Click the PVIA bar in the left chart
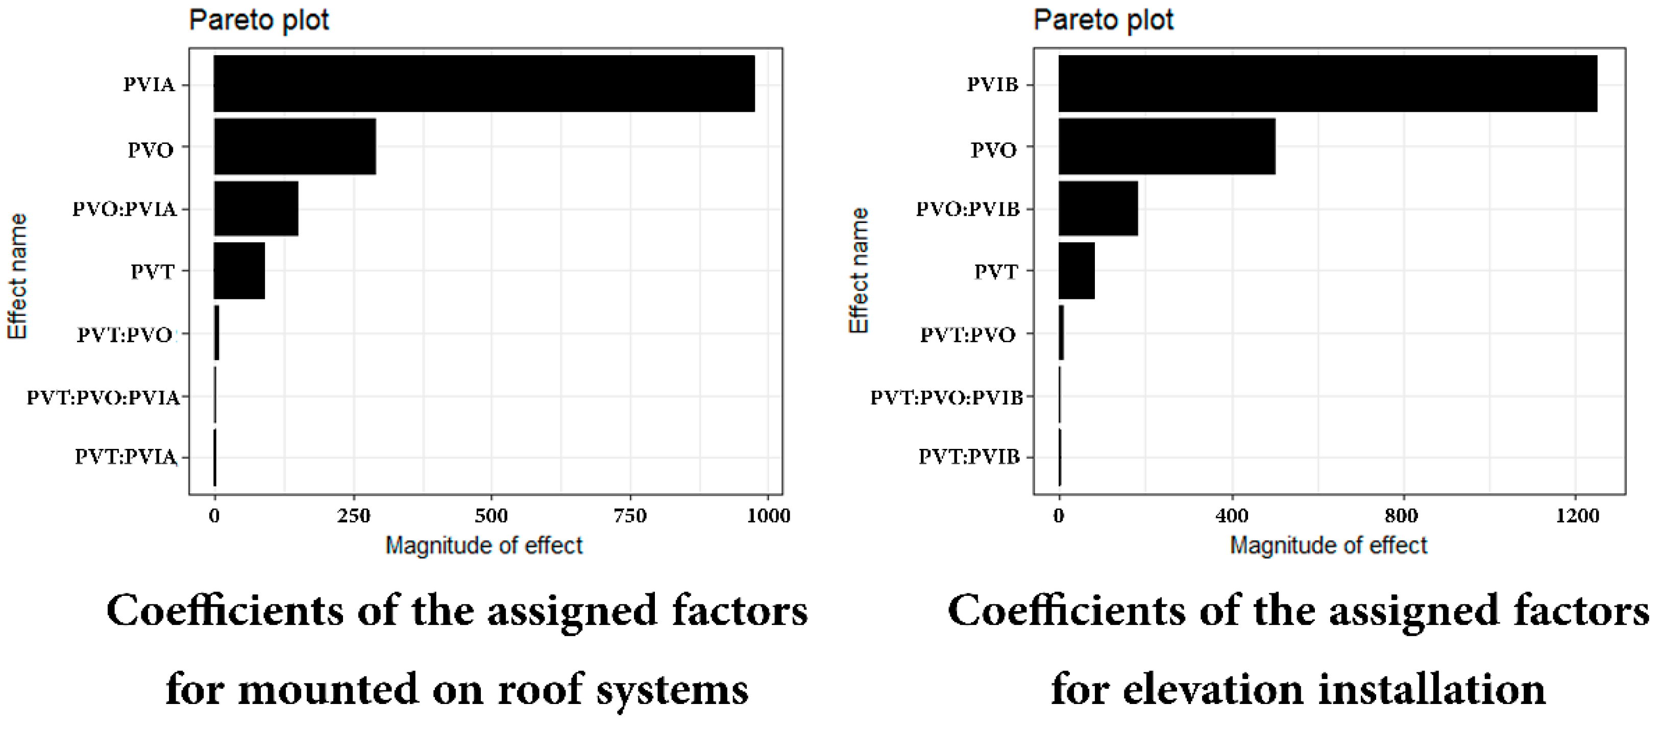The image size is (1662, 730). point(484,83)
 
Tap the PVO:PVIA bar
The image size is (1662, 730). point(256,208)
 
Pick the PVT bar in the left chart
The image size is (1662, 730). point(239,270)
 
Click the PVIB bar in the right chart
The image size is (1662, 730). point(1327,83)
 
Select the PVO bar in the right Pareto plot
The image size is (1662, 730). point(1166,146)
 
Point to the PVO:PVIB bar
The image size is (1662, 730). point(1097,208)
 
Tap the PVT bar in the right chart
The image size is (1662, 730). point(1076,270)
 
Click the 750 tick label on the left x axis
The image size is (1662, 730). point(630,516)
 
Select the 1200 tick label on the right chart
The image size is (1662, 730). point(1577,516)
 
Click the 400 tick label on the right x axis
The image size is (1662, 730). point(1232,516)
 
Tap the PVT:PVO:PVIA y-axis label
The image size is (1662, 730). point(103,397)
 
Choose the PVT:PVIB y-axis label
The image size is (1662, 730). point(969,457)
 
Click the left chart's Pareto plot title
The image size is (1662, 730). point(259,20)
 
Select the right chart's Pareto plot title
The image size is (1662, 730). point(1103,20)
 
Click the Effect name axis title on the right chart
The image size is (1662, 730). point(859,271)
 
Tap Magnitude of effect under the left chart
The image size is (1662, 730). point(484,545)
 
